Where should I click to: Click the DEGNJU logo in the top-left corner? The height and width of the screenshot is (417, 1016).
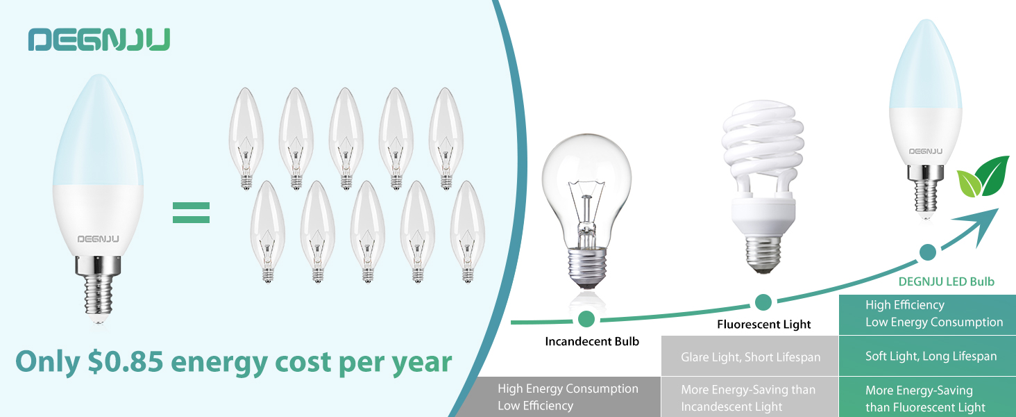[99, 40]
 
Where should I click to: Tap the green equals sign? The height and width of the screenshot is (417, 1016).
[191, 213]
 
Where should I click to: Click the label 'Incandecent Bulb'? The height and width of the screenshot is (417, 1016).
[592, 341]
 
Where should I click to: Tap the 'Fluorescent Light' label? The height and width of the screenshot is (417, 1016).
[763, 324]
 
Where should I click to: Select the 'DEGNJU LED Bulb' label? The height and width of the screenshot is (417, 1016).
[946, 281]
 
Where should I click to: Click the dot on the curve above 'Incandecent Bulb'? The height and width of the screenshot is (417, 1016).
[586, 319]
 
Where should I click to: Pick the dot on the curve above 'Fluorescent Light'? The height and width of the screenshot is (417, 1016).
[763, 302]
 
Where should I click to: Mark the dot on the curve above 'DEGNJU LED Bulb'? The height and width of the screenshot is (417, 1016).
[926, 252]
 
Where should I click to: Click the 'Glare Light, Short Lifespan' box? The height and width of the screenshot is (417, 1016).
[750, 357]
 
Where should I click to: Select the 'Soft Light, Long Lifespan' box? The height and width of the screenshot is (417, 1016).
[930, 357]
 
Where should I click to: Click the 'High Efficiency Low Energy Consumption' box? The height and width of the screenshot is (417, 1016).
[930, 313]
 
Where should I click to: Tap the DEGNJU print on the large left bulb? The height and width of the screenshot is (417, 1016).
[98, 238]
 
